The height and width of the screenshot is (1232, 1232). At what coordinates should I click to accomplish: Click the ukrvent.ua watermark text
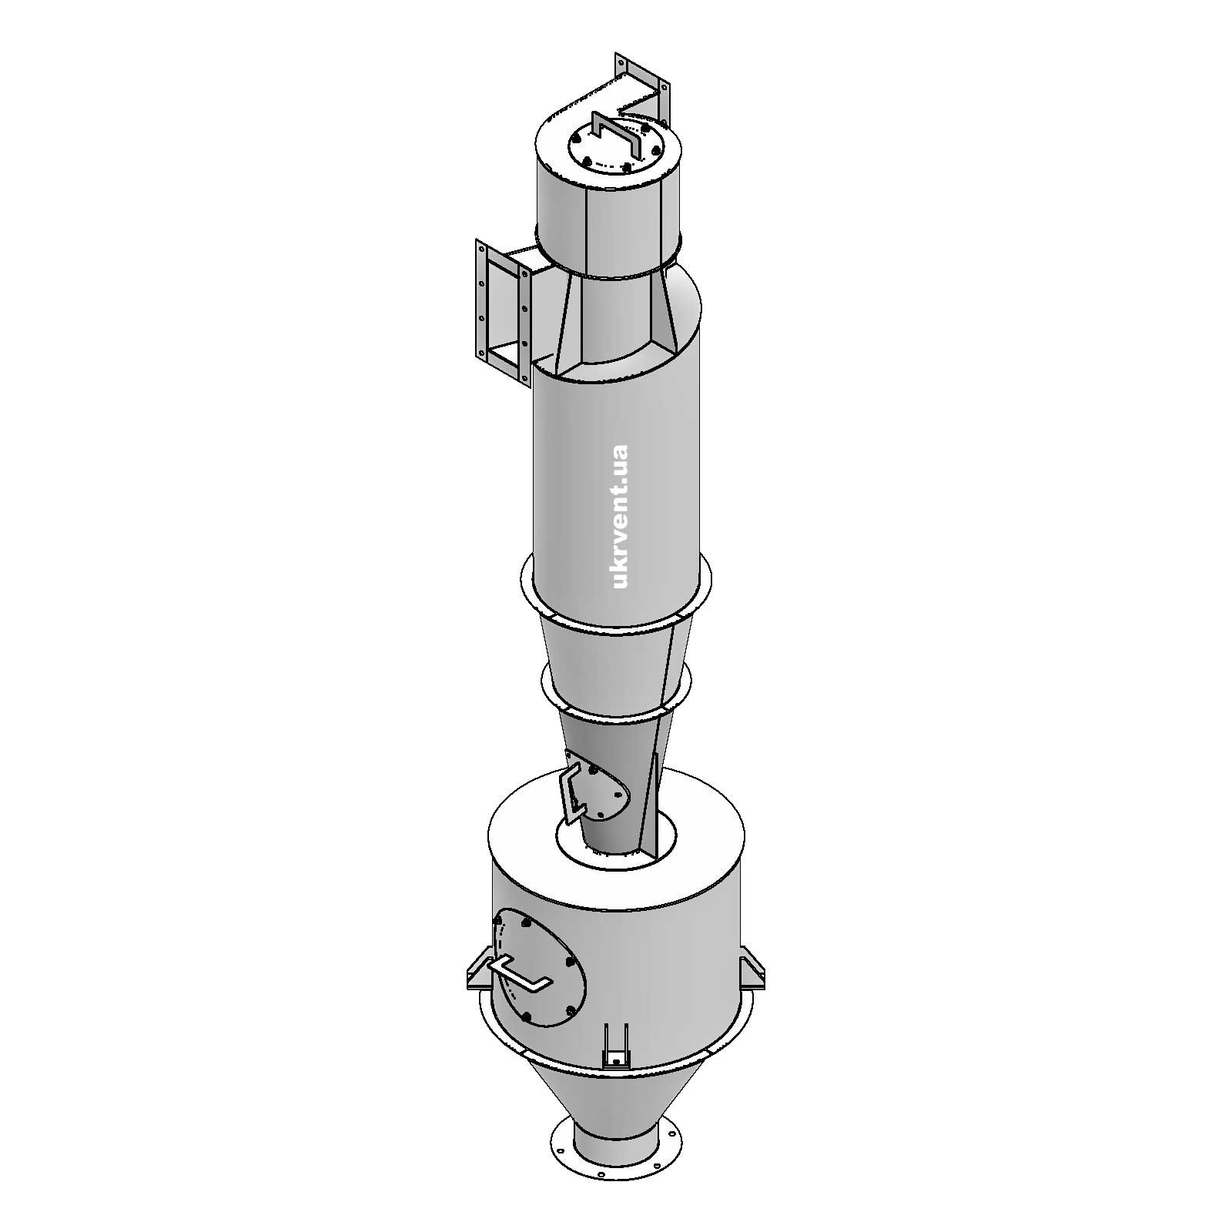point(618,516)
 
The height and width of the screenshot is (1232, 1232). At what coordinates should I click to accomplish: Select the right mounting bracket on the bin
point(754,973)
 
